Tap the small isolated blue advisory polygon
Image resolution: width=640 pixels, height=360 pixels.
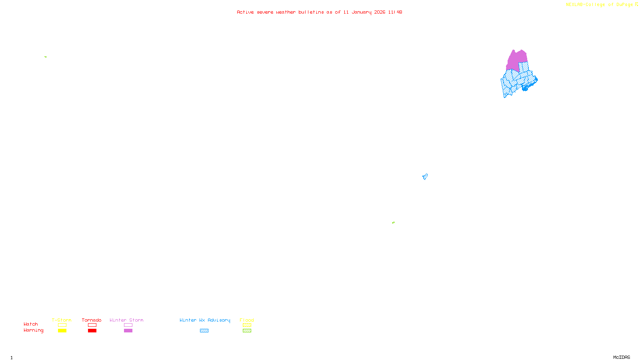425,176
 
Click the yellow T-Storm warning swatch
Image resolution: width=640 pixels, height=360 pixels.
62,331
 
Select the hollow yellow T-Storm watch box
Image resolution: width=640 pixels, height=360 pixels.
62,325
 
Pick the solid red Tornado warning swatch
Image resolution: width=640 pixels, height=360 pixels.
92,331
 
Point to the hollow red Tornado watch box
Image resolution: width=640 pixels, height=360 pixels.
92,325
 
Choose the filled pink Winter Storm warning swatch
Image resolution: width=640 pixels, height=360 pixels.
128,331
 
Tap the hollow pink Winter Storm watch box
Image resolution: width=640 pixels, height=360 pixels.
128,325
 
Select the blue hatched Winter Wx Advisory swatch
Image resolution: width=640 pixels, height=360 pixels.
204,331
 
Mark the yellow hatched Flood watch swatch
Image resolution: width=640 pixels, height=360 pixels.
247,325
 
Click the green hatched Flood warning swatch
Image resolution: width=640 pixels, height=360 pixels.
247,331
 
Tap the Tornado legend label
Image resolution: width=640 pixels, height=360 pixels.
92,320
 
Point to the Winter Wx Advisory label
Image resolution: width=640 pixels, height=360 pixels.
205,320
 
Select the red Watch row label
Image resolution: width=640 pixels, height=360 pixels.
31,324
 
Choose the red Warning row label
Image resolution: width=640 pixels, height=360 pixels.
33,330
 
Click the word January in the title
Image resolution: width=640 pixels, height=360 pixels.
361,12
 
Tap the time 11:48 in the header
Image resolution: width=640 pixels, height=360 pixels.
395,12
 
